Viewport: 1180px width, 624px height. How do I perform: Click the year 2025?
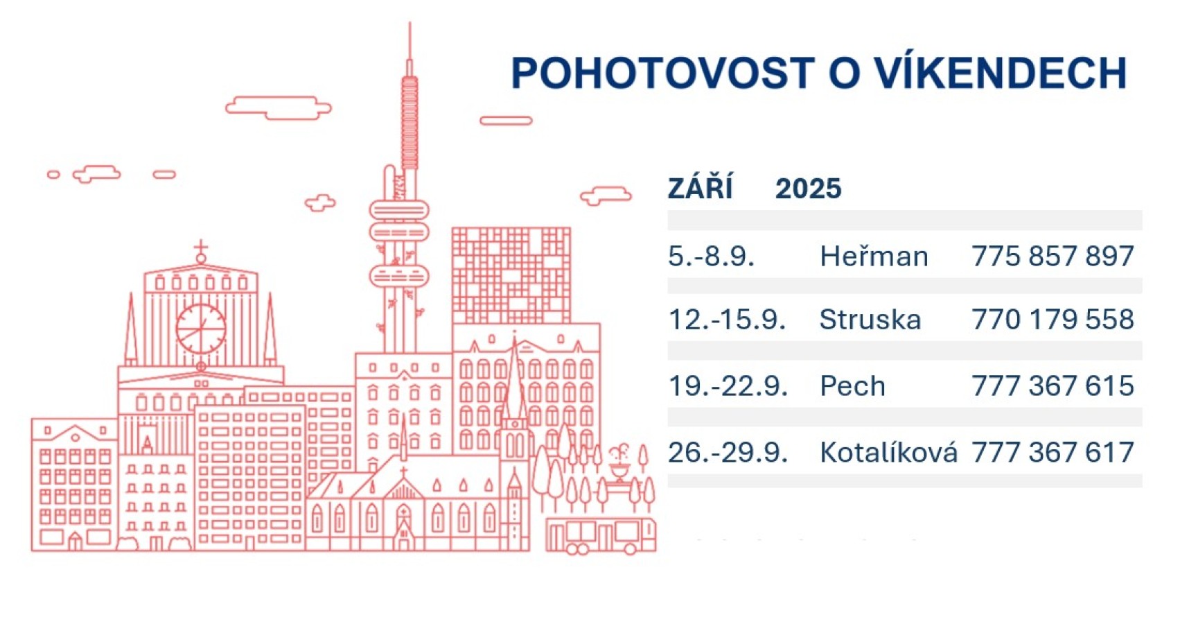[809, 189]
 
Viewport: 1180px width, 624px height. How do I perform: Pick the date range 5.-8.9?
[711, 256]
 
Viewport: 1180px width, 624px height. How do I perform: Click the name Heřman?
[874, 256]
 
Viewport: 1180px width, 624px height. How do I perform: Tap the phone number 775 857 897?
[1053, 256]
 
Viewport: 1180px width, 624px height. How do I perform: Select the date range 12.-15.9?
[727, 320]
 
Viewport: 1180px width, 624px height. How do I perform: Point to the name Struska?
[870, 320]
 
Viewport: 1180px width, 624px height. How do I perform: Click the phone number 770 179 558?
[1053, 320]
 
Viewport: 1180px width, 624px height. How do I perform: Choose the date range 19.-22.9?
[728, 385]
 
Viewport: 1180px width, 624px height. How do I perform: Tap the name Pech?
[852, 385]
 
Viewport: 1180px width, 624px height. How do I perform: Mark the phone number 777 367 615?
[1053, 385]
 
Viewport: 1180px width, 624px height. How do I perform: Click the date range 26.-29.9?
[728, 452]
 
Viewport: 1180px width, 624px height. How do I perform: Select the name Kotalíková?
[888, 451]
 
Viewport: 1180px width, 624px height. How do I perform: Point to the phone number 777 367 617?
[1053, 452]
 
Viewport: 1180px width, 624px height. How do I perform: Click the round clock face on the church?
[201, 329]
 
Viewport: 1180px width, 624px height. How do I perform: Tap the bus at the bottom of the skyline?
[601, 536]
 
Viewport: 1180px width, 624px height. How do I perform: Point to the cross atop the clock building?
[201, 248]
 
